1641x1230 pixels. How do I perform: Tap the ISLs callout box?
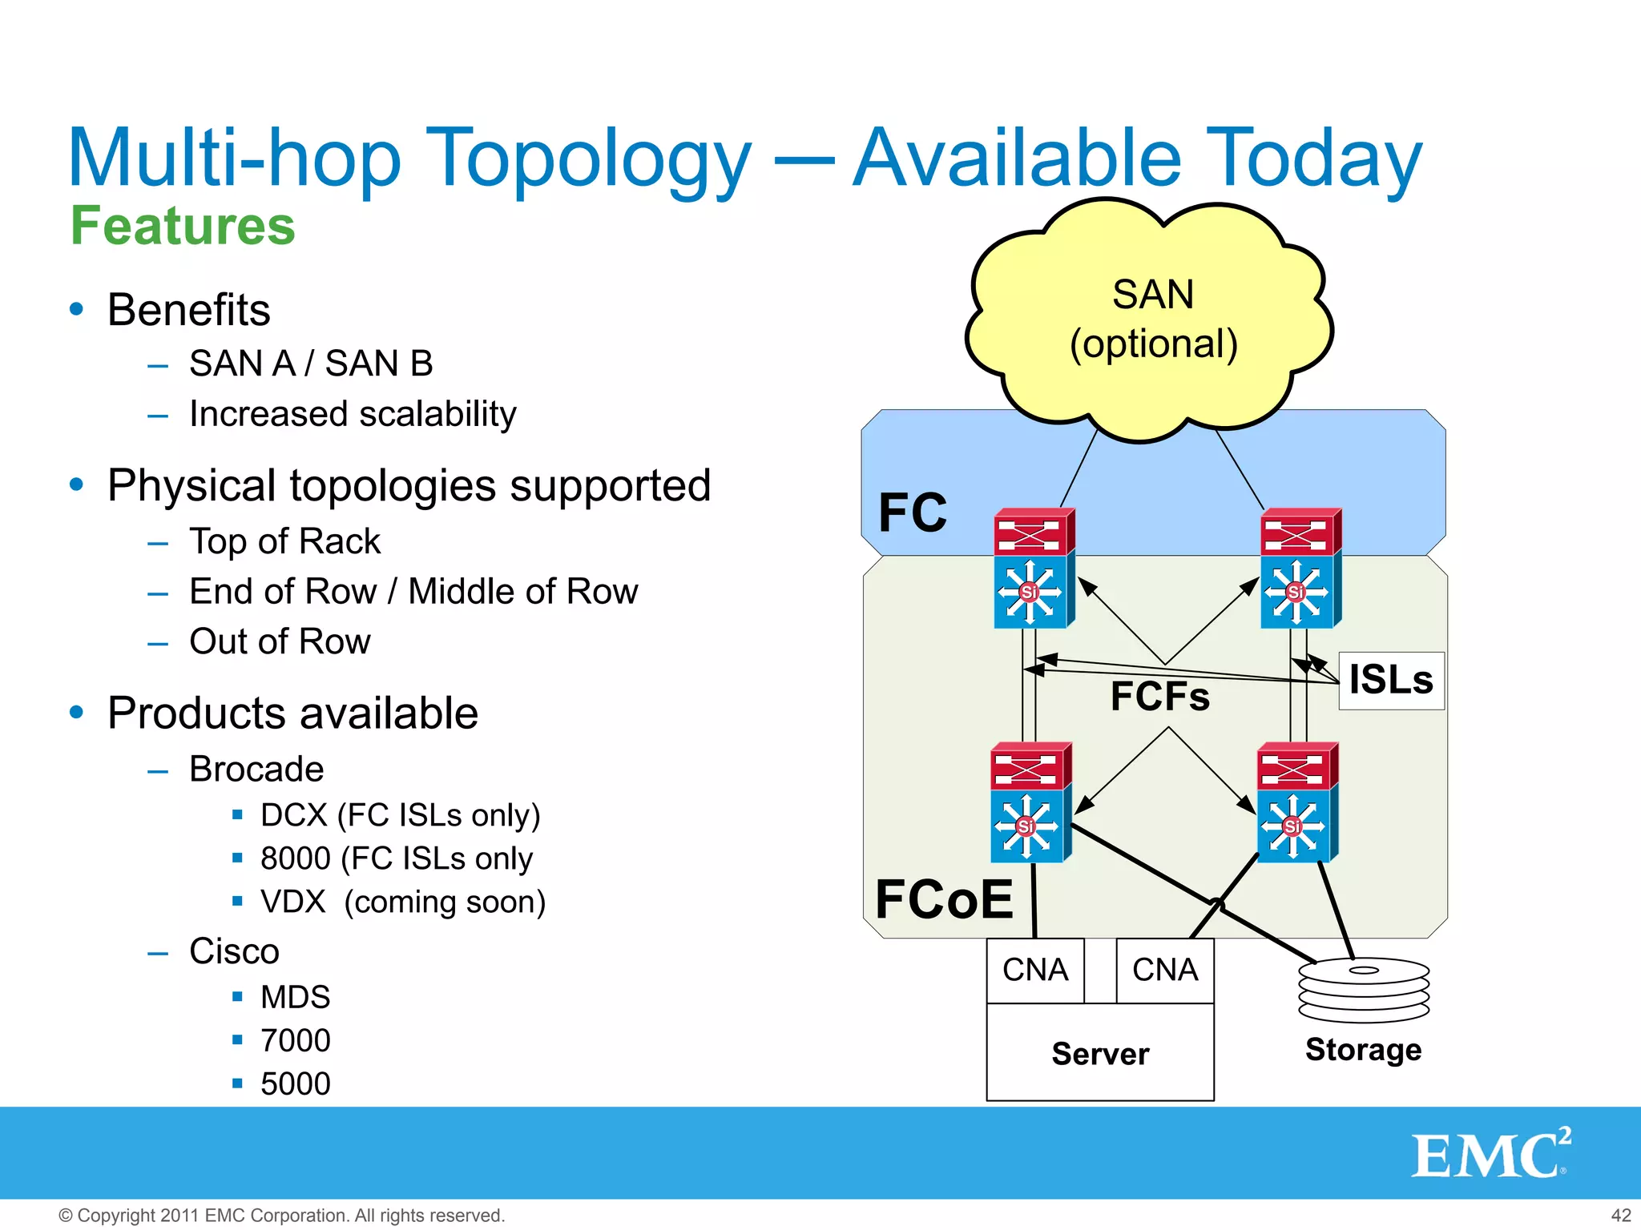click(1391, 681)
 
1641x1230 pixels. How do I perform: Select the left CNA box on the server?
click(1035, 971)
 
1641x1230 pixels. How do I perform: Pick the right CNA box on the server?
click(1165, 971)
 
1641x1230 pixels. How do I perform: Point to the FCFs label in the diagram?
click(1159, 697)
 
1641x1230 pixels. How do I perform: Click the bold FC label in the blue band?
click(913, 513)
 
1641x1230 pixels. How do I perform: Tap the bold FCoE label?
click(944, 899)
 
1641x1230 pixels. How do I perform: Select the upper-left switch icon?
click(1034, 569)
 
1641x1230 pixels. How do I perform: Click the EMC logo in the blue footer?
click(1490, 1154)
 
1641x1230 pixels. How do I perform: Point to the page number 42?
click(1620, 1216)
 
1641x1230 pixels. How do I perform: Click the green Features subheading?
click(183, 226)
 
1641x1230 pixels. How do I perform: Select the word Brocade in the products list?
click(256, 770)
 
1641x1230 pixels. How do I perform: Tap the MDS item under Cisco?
click(295, 998)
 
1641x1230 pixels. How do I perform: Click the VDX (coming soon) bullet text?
click(403, 902)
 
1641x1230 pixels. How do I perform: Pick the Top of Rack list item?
click(284, 542)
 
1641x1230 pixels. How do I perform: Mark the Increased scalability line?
click(353, 415)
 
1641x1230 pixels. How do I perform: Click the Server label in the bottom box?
click(1100, 1054)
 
